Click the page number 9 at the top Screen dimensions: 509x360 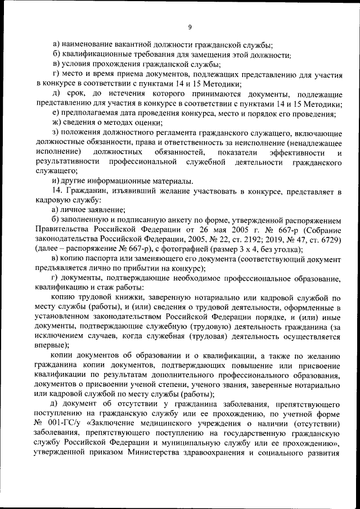click(190, 26)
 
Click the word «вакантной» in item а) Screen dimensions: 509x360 click(128, 44)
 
